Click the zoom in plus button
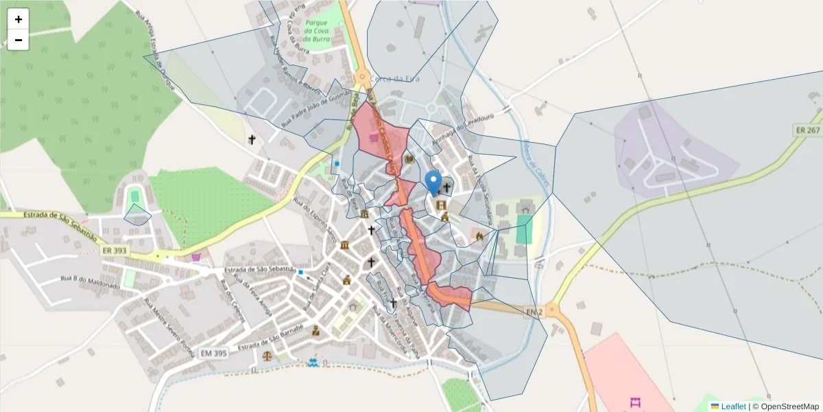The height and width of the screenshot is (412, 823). [18, 19]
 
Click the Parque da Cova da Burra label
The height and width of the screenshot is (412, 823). [317, 31]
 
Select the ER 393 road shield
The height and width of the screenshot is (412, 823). [115, 251]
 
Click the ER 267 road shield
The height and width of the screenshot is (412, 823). [807, 130]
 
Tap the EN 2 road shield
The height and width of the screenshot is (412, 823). [535, 313]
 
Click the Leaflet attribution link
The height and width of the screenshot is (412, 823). [733, 407]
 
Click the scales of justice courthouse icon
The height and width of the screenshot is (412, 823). [267, 357]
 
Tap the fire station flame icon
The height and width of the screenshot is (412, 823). [479, 236]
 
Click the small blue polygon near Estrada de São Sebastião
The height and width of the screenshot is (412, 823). [137, 216]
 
